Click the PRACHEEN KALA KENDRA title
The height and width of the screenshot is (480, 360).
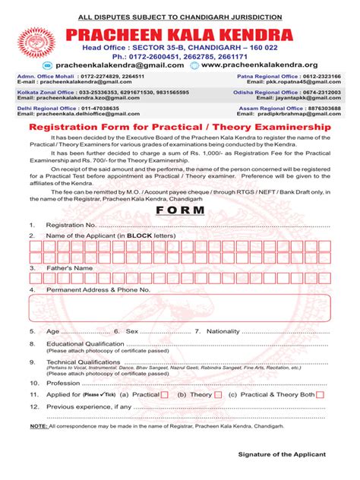click(x=180, y=34)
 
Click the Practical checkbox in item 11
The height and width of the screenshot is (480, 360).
click(x=165, y=395)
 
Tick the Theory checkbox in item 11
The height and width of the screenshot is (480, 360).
click(x=219, y=395)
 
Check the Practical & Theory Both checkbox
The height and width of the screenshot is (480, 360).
click(x=320, y=395)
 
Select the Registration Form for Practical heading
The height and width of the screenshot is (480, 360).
click(x=180, y=130)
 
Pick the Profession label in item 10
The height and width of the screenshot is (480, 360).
click(x=63, y=384)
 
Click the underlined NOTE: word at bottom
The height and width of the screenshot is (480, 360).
click(x=38, y=427)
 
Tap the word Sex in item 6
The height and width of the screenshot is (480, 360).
click(x=131, y=332)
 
